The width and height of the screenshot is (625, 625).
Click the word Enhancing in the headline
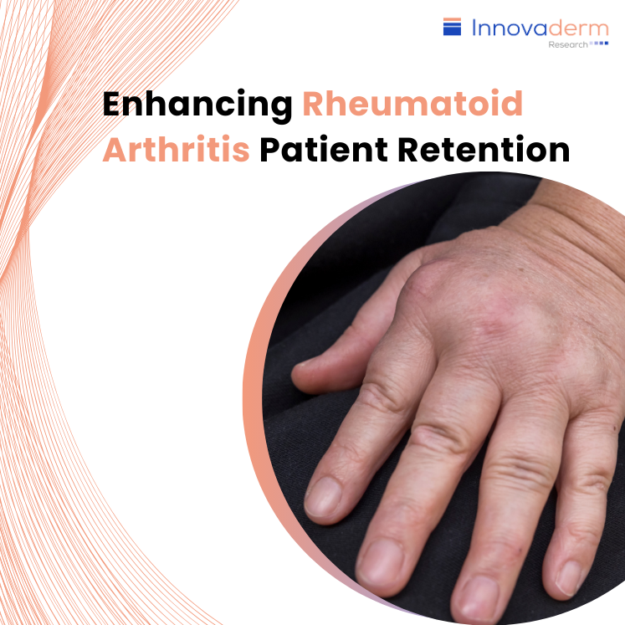pos(197,105)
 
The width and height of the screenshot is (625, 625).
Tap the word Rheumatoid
pos(412,103)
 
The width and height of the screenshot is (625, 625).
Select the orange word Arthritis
pos(177,150)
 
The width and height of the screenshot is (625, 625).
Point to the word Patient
pos(324,150)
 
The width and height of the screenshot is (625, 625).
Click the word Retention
pos(484,150)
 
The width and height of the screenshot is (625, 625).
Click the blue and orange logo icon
pos(452,26)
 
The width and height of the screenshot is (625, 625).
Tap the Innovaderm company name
pos(540,28)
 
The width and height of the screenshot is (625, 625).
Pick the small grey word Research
pos(568,44)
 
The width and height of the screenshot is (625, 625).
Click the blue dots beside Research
pos(599,43)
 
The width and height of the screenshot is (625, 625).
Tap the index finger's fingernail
pos(323,496)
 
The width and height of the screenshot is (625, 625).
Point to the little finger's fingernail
pos(571,577)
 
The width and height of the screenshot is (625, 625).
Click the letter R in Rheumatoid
pos(314,103)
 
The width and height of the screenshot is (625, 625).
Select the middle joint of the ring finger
pos(518,470)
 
